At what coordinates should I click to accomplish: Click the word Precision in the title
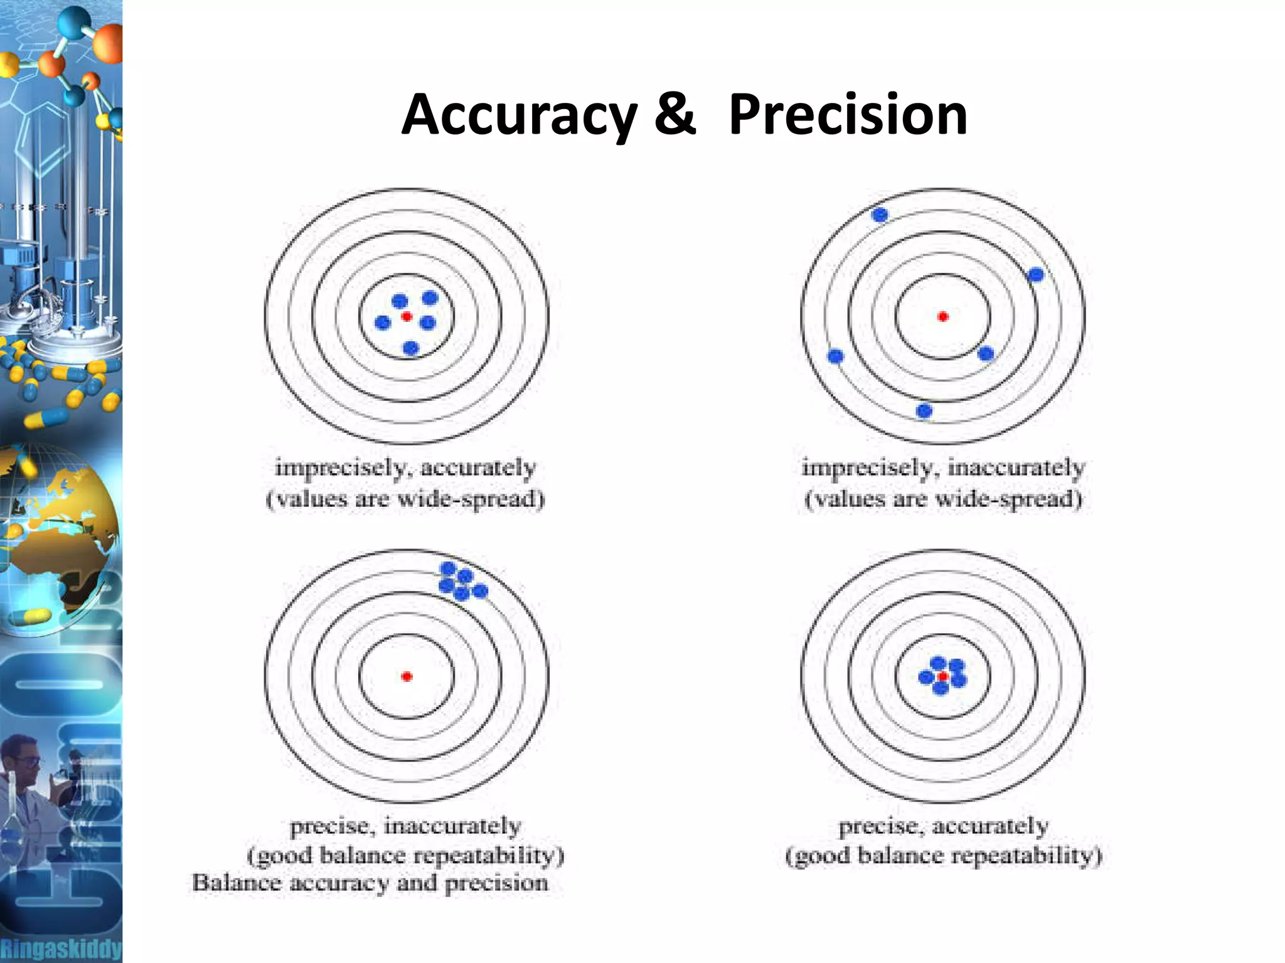(848, 114)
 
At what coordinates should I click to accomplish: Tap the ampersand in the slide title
(675, 114)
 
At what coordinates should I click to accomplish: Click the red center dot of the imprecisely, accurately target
(407, 316)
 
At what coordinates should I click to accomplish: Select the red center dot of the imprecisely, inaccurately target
(942, 316)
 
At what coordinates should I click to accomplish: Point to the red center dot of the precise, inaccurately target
(407, 676)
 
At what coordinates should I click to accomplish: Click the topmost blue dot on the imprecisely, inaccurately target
(880, 215)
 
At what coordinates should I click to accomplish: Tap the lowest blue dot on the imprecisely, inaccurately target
(924, 411)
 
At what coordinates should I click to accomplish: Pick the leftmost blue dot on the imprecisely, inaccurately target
(836, 356)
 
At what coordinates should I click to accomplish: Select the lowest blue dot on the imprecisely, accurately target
(411, 348)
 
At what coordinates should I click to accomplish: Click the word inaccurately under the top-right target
(1016, 467)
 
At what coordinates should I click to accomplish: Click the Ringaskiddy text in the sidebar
(61, 948)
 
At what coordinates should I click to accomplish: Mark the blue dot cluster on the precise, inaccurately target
(463, 581)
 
